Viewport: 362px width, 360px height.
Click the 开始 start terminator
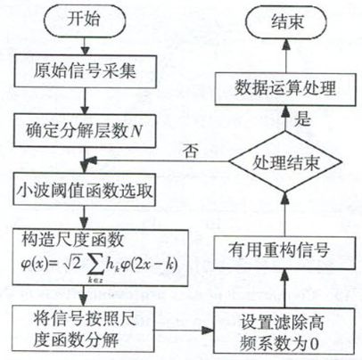point(85,20)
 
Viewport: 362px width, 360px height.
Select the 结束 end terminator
point(286,21)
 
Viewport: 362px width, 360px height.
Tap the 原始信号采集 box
point(86,71)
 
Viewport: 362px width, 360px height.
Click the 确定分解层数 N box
point(85,131)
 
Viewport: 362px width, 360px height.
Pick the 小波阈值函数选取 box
point(85,191)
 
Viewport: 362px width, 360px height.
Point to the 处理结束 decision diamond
point(286,162)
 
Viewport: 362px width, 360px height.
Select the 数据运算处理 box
point(285,89)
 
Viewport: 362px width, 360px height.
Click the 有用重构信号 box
point(284,252)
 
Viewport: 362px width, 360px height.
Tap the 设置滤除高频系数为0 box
point(284,331)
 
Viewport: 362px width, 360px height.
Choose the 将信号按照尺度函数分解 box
point(83,329)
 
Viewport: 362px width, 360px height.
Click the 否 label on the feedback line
point(190,151)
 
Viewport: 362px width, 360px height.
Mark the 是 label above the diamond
point(302,119)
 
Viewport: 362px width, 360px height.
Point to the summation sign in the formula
point(95,265)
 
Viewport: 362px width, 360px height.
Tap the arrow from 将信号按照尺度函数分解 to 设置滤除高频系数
point(184,330)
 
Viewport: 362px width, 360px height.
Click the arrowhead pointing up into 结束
point(286,44)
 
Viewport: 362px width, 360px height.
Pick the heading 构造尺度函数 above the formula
point(72,240)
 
